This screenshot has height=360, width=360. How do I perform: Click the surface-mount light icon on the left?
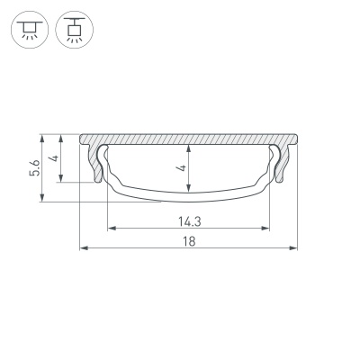(29, 30)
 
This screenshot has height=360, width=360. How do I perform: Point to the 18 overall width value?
(188, 240)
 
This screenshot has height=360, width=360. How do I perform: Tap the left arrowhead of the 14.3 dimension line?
(110, 227)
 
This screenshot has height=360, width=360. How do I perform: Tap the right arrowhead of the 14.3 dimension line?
(267, 227)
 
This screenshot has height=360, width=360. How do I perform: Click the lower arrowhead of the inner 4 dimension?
(188, 189)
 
